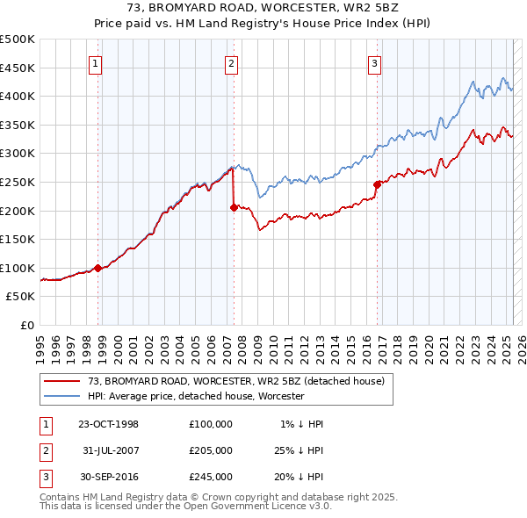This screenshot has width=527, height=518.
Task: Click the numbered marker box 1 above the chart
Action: coord(94,63)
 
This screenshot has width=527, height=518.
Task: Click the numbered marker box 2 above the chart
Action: coord(230,63)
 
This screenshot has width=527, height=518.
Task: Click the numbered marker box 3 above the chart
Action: coord(374,63)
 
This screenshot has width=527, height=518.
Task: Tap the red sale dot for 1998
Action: coord(98,268)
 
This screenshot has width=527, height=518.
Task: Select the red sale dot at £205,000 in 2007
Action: coord(235,208)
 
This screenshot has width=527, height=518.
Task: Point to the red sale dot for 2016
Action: coord(377,184)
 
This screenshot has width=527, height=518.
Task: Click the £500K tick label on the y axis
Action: coord(18,40)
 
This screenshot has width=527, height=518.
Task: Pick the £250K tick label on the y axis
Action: coord(18,182)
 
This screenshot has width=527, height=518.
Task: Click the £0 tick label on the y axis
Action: coord(27,325)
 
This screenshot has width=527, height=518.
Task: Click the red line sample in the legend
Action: coord(61,381)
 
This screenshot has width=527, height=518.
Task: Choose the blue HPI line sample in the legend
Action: coord(61,396)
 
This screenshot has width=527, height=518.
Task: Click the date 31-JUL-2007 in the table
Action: coord(108,450)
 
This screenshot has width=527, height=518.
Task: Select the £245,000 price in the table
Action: coord(210,477)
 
